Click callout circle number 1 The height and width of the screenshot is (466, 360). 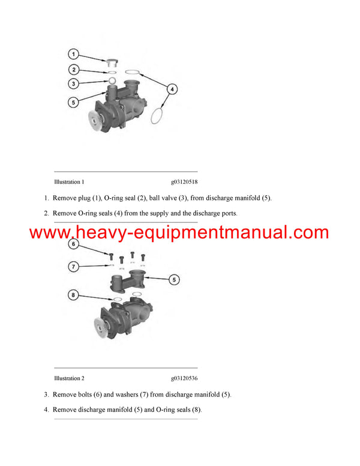tap(73, 54)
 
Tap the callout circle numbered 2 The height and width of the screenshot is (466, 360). tap(74, 70)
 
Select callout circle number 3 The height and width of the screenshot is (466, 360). tap(73, 83)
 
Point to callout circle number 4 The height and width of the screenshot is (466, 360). tap(172, 89)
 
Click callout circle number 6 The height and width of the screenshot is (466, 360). tap(73, 244)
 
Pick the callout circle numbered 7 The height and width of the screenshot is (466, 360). tap(73, 266)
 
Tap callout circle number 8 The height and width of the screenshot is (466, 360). tap(73, 295)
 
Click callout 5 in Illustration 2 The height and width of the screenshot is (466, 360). tap(174, 280)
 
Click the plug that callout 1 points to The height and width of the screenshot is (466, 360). tap(112, 63)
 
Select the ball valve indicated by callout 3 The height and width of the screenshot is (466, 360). tap(112, 80)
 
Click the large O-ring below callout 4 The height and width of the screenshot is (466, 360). tap(157, 116)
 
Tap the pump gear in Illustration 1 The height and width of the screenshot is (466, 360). tap(95, 120)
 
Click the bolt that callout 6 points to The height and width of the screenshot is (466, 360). tap(111, 256)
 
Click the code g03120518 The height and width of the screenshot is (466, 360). tap(184, 182)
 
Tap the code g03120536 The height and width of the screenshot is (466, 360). tap(184, 378)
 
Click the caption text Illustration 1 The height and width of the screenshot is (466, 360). tap(69, 182)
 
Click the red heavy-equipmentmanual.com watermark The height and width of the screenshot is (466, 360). tap(179, 232)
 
